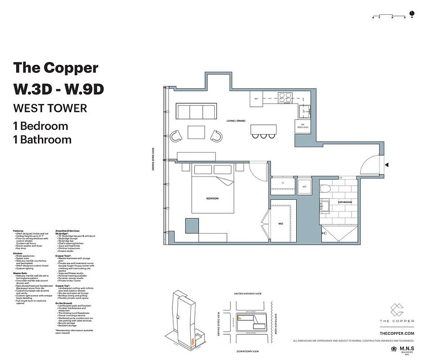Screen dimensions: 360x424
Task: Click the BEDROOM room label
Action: (212, 198)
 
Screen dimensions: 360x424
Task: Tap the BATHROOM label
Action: (345, 202)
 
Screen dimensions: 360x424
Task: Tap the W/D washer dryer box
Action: (304, 186)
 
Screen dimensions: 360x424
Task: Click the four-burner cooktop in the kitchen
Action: (285, 98)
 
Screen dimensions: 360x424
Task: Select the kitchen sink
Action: (305, 111)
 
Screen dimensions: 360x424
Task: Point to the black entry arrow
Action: (386, 165)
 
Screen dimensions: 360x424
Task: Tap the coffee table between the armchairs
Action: (196, 133)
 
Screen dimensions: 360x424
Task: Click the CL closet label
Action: (283, 183)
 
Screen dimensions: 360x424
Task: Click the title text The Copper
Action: (56, 67)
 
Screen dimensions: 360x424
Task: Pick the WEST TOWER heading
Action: (50, 108)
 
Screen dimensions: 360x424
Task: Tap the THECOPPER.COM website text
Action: (397, 333)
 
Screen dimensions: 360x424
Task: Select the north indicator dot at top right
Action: (410, 13)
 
